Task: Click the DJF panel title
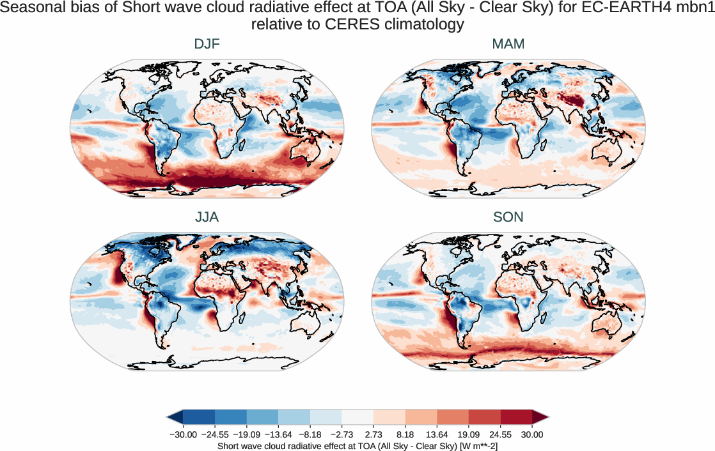(x=207, y=44)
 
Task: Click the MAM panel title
(x=508, y=44)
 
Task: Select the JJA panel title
(x=207, y=217)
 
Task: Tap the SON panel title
(x=508, y=217)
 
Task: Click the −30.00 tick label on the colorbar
(x=183, y=434)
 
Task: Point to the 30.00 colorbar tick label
(x=532, y=434)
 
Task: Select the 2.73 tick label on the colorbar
(x=373, y=434)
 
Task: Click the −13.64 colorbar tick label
(x=278, y=434)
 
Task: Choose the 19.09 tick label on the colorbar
(x=469, y=434)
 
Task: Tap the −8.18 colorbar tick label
(x=310, y=434)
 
